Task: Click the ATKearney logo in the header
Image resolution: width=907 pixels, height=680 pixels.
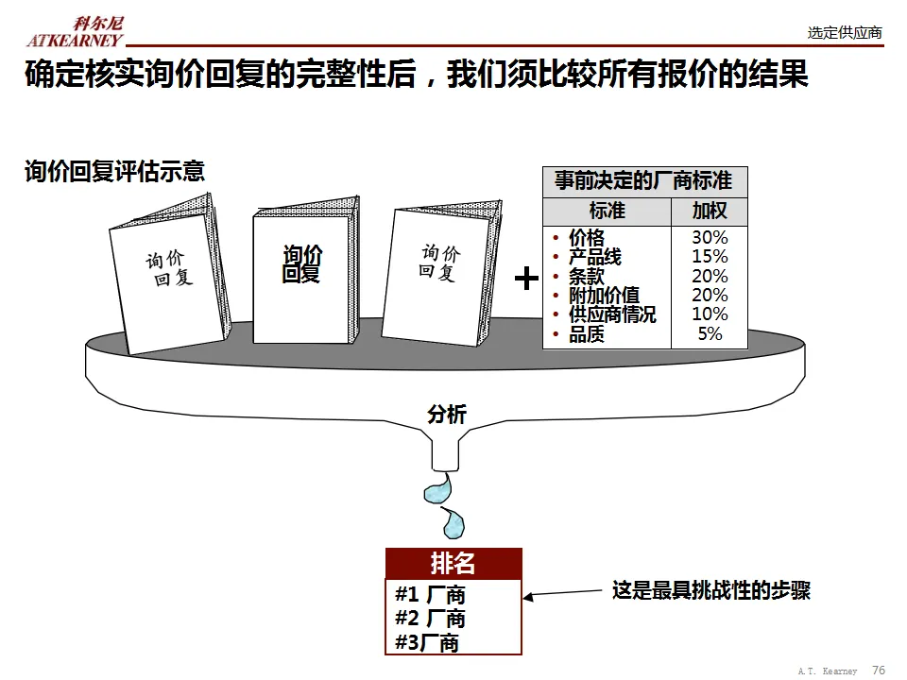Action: [75, 32]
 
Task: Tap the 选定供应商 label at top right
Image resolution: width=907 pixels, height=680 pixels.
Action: [845, 33]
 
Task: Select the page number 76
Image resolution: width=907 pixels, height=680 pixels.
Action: [878, 670]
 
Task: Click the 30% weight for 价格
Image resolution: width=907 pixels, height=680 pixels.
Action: [710, 238]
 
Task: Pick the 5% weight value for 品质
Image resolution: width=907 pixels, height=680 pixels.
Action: [710, 333]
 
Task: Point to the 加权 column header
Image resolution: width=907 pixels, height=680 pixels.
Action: [710, 210]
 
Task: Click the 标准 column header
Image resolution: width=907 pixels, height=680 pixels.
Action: [608, 210]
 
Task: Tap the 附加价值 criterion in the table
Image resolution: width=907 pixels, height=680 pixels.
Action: [604, 296]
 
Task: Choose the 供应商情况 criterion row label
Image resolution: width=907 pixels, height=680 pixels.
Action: [612, 314]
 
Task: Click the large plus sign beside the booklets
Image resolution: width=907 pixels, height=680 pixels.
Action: [526, 278]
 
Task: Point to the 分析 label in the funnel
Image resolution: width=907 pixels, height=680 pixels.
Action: [447, 414]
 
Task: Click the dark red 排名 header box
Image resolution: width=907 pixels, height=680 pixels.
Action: [453, 564]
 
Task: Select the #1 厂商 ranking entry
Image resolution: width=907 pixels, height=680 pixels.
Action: [430, 595]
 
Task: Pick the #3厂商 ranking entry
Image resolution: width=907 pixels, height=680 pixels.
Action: [427, 642]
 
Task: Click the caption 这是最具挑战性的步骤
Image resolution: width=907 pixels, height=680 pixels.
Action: [710, 591]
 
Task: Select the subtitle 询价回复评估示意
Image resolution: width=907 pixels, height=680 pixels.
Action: [114, 171]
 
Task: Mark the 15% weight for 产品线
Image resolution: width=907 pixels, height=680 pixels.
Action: [710, 257]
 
